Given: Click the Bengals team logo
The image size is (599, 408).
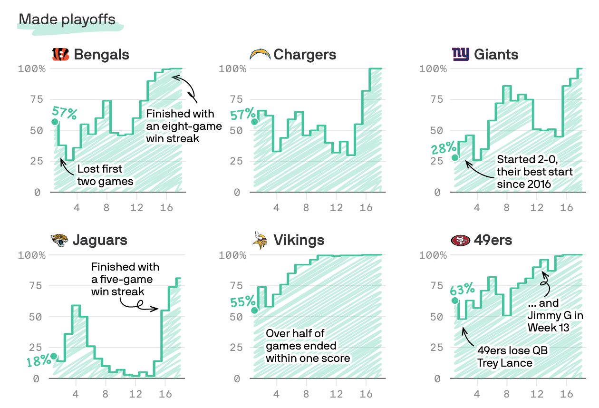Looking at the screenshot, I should [60, 55].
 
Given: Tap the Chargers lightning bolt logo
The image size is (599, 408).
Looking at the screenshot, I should [260, 55].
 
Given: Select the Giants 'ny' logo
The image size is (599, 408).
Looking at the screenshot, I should [461, 55].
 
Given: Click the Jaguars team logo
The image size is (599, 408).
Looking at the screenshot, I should [60, 240].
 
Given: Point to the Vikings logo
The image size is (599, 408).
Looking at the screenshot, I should [260, 241].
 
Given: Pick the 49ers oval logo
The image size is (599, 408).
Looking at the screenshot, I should [460, 240].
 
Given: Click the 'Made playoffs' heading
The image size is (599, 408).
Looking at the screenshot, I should [67, 19].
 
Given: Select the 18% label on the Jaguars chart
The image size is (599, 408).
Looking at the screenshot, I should [39, 361].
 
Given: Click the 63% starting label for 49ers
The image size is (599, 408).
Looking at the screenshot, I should [462, 289].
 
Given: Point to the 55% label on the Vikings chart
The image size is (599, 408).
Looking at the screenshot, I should [242, 302].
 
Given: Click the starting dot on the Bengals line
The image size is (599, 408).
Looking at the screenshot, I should [55, 122].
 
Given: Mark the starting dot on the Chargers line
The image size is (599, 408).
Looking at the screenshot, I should [254, 122].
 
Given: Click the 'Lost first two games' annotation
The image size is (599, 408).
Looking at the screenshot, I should [105, 175].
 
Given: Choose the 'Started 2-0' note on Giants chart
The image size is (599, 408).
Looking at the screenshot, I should [534, 172].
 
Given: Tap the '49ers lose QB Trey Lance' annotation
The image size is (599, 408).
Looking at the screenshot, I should [512, 357].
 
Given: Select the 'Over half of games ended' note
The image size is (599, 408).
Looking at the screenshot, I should [308, 346].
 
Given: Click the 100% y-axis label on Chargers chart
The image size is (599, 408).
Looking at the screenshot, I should [233, 68].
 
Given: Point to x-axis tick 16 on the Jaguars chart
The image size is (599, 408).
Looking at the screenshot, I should [165, 394].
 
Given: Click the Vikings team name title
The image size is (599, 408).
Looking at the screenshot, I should [299, 240].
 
